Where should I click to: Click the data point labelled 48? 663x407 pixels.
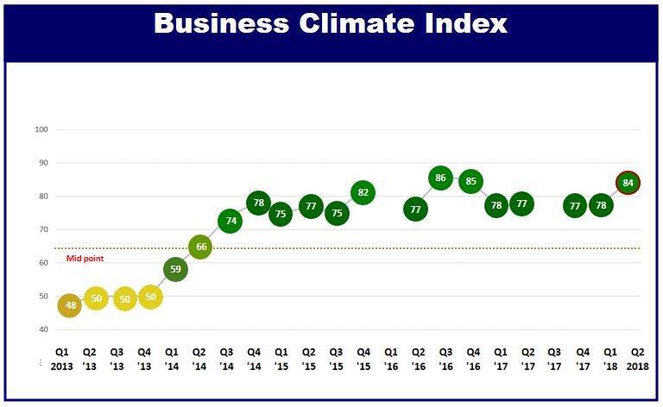pyautogui.click(x=69, y=305)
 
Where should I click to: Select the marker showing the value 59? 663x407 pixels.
pyautogui.click(x=174, y=269)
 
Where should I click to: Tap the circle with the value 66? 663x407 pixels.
pyautogui.click(x=200, y=247)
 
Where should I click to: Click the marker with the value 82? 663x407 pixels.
pyautogui.click(x=363, y=192)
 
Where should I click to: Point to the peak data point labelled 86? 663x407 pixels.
pyautogui.click(x=440, y=178)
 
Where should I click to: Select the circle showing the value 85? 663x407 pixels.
pyautogui.click(x=470, y=182)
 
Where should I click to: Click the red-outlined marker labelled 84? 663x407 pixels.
pyautogui.click(x=628, y=183)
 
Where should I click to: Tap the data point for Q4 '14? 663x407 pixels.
pyautogui.click(x=257, y=203)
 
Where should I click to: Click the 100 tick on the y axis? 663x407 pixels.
pyautogui.click(x=40, y=130)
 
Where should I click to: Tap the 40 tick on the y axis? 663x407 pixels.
pyautogui.click(x=41, y=329)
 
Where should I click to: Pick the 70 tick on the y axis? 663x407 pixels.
pyautogui.click(x=41, y=230)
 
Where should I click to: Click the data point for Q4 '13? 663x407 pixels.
pyautogui.click(x=149, y=297)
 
